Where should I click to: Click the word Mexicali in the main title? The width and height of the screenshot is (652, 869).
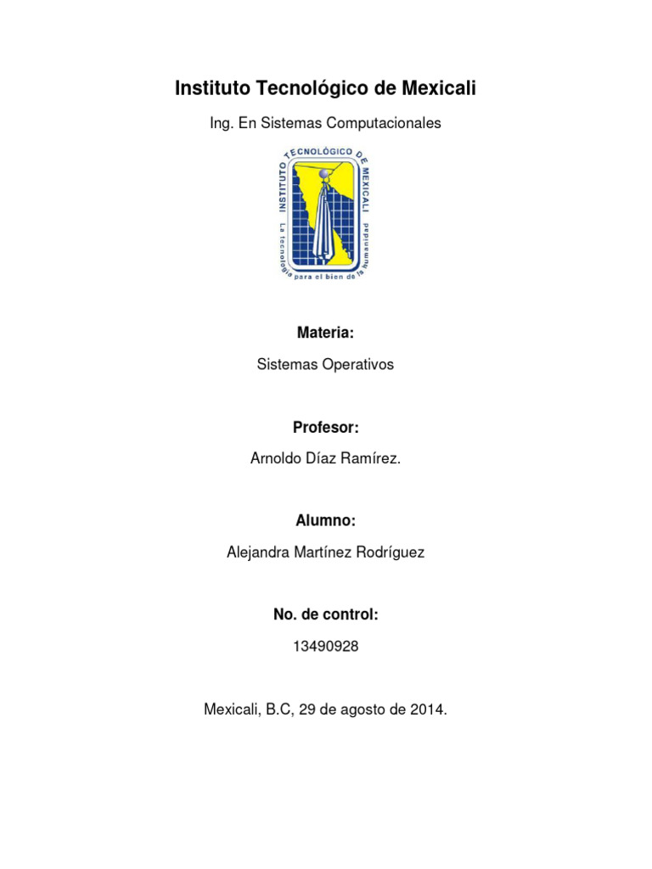(x=434, y=88)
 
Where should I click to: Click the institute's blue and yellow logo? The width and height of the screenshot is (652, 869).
(x=326, y=213)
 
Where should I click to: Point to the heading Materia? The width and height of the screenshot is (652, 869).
(x=325, y=332)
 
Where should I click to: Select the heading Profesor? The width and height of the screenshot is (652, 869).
(x=326, y=427)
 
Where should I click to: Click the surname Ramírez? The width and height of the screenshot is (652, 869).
(x=371, y=458)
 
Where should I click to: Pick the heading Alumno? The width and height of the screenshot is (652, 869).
(x=326, y=520)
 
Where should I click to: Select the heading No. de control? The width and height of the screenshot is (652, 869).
(x=326, y=614)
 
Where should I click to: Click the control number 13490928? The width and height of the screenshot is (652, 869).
(x=326, y=647)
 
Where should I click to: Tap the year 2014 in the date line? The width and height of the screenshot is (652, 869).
(x=427, y=709)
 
